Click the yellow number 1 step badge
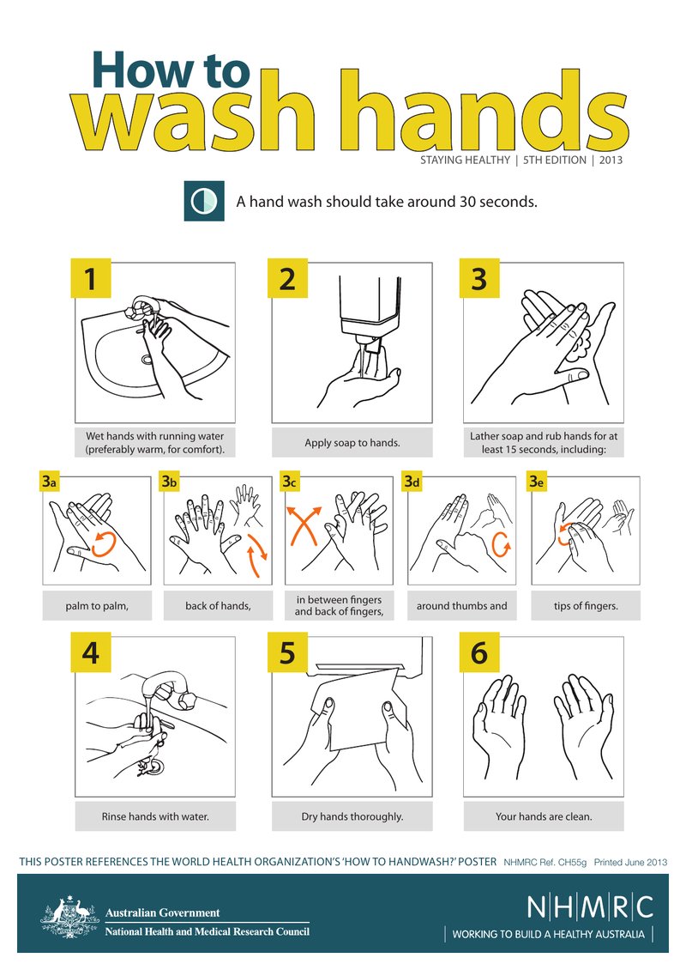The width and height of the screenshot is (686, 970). pyautogui.click(x=90, y=278)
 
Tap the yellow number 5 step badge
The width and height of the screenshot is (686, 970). pyautogui.click(x=287, y=652)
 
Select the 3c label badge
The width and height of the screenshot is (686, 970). pyautogui.click(x=289, y=482)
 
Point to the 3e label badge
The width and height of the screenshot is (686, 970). pyautogui.click(x=536, y=482)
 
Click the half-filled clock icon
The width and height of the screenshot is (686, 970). pyautogui.click(x=204, y=201)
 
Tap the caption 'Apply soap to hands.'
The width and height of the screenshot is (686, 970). pyautogui.click(x=352, y=443)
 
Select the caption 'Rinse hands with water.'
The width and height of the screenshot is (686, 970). pyautogui.click(x=155, y=816)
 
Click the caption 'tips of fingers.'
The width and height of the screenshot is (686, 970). pyautogui.click(x=586, y=606)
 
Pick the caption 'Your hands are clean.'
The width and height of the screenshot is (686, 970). pyautogui.click(x=544, y=816)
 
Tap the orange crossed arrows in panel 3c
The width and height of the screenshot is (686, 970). pyautogui.click(x=304, y=526)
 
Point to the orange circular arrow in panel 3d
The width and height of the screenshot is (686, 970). pyautogui.click(x=502, y=544)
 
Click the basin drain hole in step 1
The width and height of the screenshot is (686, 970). pyautogui.click(x=147, y=359)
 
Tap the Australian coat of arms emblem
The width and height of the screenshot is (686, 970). pyautogui.click(x=69, y=918)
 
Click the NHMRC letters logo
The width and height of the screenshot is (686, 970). pyautogui.click(x=590, y=907)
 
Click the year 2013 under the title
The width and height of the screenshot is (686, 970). pyautogui.click(x=611, y=161)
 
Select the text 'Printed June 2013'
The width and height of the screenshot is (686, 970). pyautogui.click(x=630, y=862)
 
